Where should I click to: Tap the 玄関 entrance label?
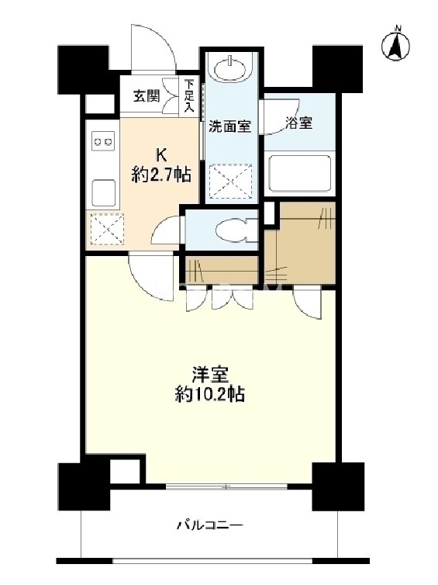tap(147, 96)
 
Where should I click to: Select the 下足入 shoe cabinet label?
tap(190, 96)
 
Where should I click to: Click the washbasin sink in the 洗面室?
tap(230, 68)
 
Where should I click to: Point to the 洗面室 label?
tap(229, 126)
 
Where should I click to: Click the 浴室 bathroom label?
tap(299, 123)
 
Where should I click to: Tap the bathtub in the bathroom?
tap(300, 173)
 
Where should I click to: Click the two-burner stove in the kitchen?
tap(103, 142)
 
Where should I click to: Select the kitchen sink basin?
tap(103, 192)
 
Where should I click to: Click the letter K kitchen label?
tap(160, 154)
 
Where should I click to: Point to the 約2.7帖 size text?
tap(161, 175)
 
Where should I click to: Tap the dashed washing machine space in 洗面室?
tap(231, 180)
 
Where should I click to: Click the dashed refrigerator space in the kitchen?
tap(107, 229)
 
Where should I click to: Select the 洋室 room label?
tap(210, 375)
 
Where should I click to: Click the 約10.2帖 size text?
tap(210, 394)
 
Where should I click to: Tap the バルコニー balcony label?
tap(209, 526)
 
